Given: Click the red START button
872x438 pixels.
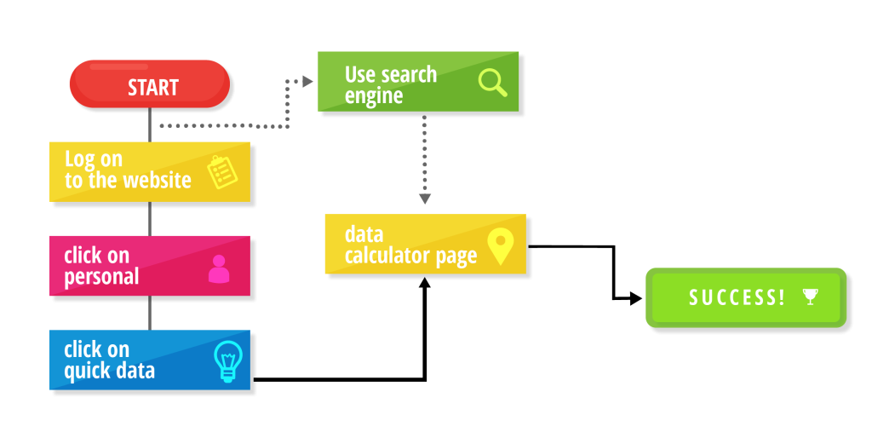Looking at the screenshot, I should point(149,84).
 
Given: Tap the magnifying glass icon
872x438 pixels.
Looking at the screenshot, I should point(492,82).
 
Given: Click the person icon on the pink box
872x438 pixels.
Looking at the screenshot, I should point(219,268).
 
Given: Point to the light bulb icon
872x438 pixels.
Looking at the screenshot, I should point(227,360).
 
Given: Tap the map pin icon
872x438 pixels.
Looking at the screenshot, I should point(500,245).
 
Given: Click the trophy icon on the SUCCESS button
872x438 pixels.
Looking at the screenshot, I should point(810,297).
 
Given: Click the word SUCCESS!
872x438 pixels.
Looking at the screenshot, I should point(737,297).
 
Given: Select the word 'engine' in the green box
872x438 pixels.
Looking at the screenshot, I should point(374,95).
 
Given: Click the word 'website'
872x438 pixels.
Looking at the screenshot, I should point(157,180).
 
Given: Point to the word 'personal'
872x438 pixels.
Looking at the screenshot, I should point(101,277).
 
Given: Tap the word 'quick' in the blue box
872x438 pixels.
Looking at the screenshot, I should point(89,371).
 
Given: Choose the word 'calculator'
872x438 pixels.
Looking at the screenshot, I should point(387,256).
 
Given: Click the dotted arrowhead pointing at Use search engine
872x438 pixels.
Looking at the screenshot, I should point(308,81).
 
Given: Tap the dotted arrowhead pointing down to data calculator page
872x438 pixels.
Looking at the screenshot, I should point(424,199).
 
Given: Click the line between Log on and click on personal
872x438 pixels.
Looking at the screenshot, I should point(150,218).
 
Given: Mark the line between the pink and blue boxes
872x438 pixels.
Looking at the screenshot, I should point(150,312).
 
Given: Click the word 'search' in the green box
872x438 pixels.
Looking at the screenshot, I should point(408,74).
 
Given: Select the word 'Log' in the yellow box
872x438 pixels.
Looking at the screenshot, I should point(79,158).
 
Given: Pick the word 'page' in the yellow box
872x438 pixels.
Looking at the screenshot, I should point(456,256).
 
